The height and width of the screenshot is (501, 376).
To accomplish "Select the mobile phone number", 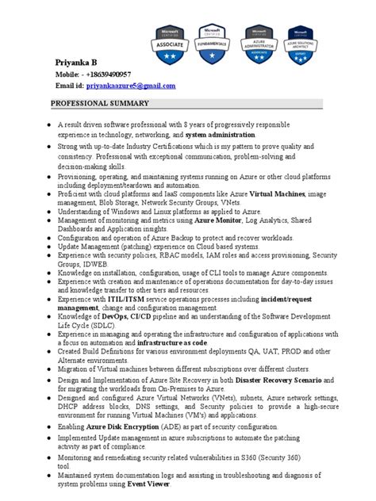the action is click(116, 74).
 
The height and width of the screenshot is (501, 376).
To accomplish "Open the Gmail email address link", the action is click(130, 85).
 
